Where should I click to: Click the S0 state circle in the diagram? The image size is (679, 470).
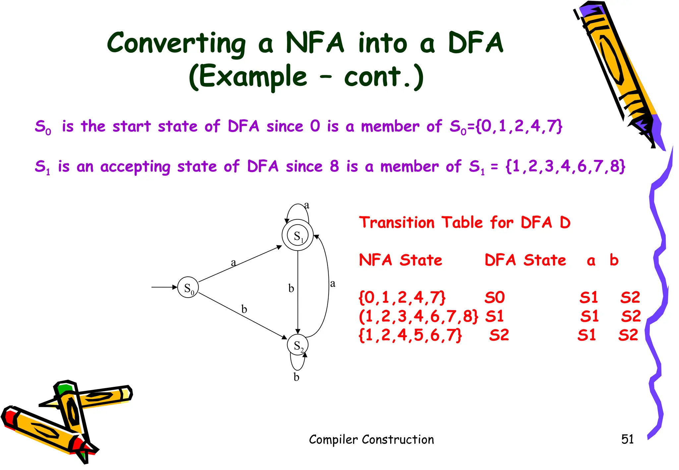(188, 287)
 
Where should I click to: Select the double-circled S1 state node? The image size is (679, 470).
(298, 235)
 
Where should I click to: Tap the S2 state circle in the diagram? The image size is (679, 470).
(298, 345)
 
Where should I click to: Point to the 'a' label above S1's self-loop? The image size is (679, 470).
(307, 205)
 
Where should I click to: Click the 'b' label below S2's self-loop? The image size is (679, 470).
(296, 377)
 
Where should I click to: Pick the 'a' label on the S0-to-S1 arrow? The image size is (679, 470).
(233, 263)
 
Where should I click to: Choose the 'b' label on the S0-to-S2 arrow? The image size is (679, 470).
(244, 309)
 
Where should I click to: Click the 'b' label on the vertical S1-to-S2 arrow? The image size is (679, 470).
(291, 288)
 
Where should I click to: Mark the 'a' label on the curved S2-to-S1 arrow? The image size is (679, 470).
(333, 283)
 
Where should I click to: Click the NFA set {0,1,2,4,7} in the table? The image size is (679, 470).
(402, 297)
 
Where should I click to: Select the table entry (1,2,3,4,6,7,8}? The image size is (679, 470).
(419, 316)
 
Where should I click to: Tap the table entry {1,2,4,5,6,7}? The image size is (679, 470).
(410, 335)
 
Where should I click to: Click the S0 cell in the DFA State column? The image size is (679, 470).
(494, 297)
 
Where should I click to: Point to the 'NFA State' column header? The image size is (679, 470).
(401, 260)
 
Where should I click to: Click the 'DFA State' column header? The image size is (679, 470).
(525, 260)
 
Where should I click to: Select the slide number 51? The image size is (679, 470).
(627, 439)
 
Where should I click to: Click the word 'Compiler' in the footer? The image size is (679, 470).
(333, 440)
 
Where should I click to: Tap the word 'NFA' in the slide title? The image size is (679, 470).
(315, 43)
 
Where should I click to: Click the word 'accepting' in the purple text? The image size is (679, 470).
(135, 166)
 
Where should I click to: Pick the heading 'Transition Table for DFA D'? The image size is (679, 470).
(465, 222)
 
